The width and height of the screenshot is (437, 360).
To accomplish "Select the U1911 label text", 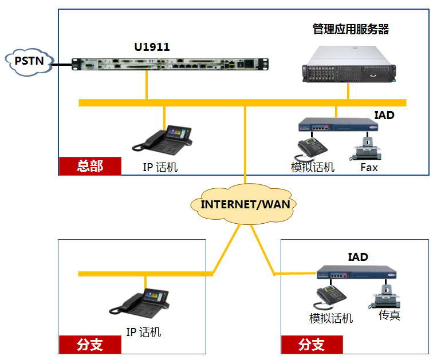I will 152,47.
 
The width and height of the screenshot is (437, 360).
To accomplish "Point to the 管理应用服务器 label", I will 351,29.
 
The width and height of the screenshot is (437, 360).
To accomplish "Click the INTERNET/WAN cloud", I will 245,204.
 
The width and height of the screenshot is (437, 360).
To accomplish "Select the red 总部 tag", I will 90,166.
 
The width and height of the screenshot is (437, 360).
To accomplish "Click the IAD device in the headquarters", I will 332,126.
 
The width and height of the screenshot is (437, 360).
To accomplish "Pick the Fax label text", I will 369,167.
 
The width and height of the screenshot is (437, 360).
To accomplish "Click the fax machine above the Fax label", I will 367,148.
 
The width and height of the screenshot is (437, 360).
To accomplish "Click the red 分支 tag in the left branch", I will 89,345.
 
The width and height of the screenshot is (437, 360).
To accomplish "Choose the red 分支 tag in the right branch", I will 312,345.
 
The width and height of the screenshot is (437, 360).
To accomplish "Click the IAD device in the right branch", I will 356,274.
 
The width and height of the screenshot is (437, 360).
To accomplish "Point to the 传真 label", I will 389,315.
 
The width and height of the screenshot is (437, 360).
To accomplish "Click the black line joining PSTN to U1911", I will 62,64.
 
